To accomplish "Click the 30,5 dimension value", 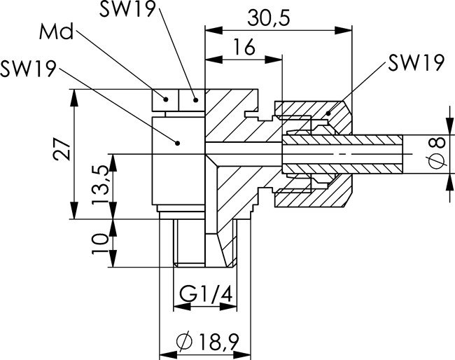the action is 268,18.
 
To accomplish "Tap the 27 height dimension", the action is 62,149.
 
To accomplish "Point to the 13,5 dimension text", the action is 100,186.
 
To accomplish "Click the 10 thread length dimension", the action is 100,243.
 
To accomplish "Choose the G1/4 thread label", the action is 206,293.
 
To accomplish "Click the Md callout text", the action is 56,32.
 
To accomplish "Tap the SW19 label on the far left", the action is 28,69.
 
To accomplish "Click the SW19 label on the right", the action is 416,62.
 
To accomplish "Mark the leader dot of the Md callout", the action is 166,99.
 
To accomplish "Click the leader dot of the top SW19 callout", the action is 196,100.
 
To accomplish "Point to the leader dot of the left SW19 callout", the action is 178,143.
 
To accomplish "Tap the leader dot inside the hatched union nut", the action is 328,113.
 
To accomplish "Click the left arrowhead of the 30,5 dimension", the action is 214,30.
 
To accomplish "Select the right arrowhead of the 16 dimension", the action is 273,60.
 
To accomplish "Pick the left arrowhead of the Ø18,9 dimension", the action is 168,355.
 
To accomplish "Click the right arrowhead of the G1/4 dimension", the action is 228,307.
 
